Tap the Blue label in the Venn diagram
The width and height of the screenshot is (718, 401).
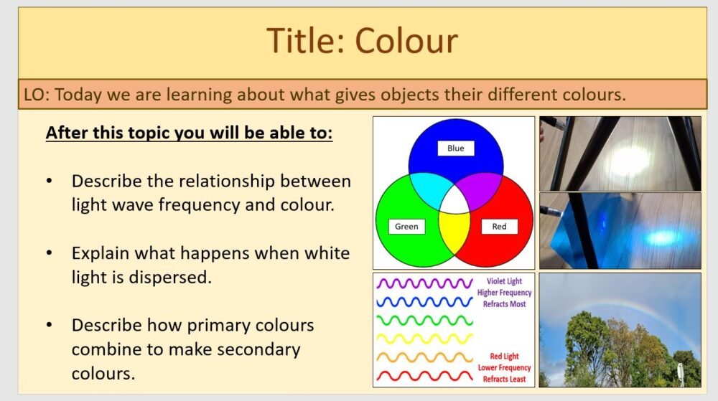coord(455,148)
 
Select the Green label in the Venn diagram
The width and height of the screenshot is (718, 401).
coord(406,227)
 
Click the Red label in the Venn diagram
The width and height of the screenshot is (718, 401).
coord(499,227)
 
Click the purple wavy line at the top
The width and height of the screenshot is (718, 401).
coord(424,283)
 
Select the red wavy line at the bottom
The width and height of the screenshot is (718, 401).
coord(424,375)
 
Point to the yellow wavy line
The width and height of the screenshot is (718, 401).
coord(424,338)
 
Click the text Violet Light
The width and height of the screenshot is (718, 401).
coord(504,282)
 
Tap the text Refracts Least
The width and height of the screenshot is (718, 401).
coord(504,379)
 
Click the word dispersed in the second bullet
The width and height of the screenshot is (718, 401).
coord(168,277)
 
